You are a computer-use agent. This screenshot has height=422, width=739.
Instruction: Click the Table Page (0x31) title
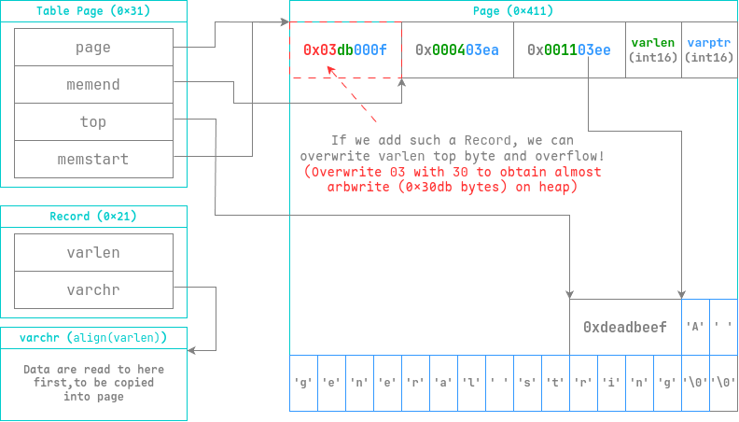click(93, 11)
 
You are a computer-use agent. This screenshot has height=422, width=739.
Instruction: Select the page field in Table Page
click(93, 47)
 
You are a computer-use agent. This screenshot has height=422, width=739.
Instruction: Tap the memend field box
click(93, 85)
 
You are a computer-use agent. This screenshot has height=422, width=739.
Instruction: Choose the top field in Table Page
click(93, 122)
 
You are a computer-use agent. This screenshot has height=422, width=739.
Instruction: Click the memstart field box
click(93, 160)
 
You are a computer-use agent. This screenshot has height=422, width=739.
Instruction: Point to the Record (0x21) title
click(93, 217)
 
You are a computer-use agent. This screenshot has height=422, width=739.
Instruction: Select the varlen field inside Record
click(93, 253)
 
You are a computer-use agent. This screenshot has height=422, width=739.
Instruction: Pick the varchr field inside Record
click(93, 290)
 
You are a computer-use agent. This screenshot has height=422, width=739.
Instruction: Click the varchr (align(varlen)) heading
click(93, 337)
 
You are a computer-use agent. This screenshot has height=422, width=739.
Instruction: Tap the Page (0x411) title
click(513, 11)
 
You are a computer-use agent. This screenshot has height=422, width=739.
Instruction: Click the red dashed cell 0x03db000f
click(345, 49)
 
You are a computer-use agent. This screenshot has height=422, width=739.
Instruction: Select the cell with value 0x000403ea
click(457, 49)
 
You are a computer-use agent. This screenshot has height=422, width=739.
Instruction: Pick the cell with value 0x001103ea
click(569, 49)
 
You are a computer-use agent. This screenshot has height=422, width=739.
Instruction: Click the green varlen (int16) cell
click(653, 49)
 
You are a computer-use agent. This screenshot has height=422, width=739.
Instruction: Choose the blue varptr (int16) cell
click(709, 49)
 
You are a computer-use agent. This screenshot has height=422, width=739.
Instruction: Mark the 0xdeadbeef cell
click(625, 328)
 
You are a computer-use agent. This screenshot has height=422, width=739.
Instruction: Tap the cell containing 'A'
click(695, 328)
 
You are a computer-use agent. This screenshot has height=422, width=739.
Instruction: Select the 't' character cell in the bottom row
click(556, 383)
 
